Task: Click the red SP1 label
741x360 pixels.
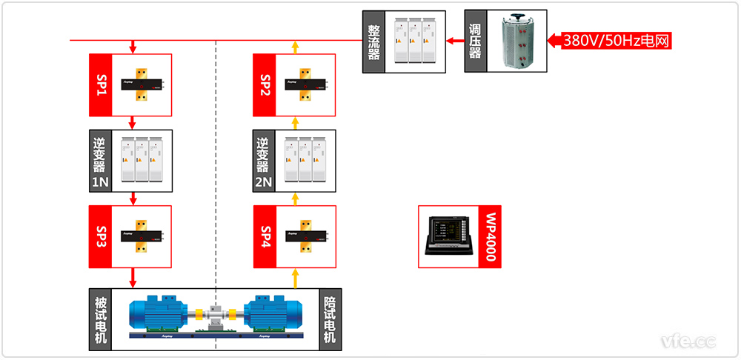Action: tap(100, 84)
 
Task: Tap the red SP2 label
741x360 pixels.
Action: tap(265, 84)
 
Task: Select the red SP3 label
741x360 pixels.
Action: tap(100, 236)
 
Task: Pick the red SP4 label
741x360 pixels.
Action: tap(265, 236)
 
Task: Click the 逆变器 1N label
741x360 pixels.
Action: tap(100, 161)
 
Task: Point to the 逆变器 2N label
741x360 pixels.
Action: tap(265, 161)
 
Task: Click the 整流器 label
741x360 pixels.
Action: tap(373, 41)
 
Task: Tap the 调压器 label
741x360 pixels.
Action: tap(475, 41)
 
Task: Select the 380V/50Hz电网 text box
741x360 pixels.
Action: tap(616, 41)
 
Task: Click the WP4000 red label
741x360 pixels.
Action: tap(490, 236)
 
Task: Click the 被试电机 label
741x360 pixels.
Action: tap(100, 319)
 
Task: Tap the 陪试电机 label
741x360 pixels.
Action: tap(330, 319)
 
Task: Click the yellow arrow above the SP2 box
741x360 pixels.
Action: tap(295, 47)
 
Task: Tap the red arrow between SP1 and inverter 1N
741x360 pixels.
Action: tap(133, 123)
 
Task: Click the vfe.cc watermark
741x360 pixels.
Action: tap(688, 341)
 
